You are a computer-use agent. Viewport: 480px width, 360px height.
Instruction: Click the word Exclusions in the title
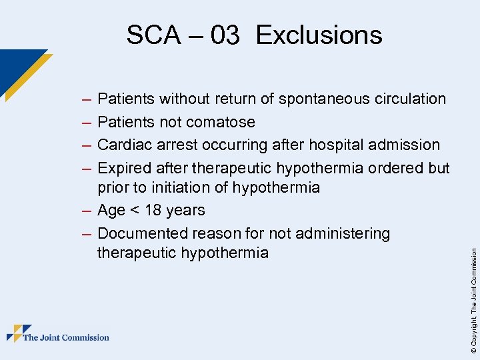pos(319,35)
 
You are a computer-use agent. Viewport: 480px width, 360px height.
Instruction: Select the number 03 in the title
pos(225,35)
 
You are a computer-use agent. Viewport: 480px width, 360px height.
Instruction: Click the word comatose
pos(221,122)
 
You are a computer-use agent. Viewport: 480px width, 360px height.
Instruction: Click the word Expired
pos(124,168)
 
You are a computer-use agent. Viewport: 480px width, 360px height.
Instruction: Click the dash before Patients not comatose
pos(85,123)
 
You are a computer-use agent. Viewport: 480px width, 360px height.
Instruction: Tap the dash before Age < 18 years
pos(85,211)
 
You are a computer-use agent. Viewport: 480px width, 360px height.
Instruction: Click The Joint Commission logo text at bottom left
pos(66,337)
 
